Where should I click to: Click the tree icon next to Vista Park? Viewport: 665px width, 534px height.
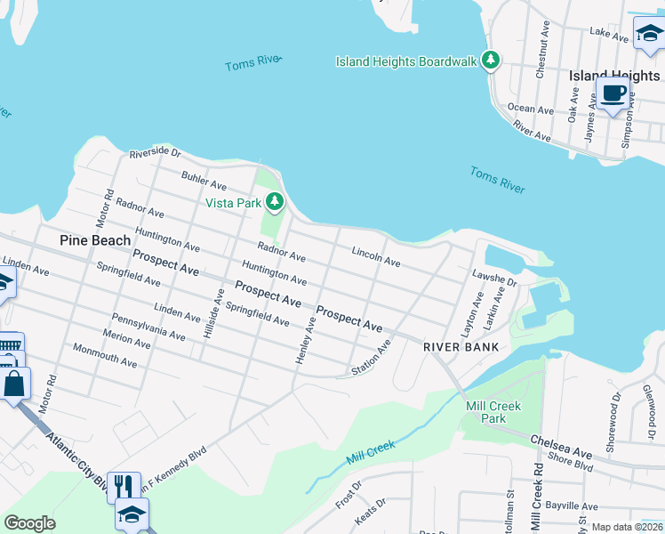[276, 203]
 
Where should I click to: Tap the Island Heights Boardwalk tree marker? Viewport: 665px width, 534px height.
[489, 61]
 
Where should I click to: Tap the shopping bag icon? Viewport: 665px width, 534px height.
[15, 385]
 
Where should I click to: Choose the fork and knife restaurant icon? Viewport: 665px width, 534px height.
[124, 487]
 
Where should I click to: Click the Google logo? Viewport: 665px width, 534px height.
[29, 523]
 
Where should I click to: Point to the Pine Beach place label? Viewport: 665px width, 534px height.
[95, 240]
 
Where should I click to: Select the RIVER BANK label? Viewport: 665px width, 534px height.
[460, 346]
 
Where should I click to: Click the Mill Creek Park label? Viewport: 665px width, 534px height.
[493, 412]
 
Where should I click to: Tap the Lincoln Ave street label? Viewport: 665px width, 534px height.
[375, 257]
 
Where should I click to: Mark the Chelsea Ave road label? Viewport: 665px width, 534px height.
[562, 441]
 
